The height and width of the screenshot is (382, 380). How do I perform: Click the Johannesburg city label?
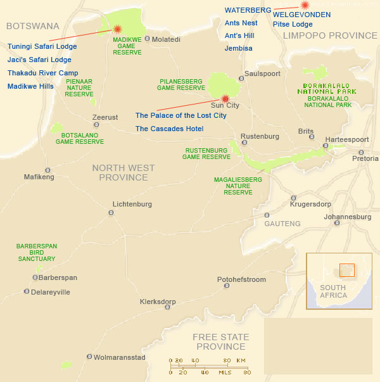347,217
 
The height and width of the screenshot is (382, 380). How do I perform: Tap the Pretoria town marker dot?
361,153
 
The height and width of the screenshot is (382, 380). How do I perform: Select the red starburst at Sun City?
225,98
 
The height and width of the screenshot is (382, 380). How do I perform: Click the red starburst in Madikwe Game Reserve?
117,29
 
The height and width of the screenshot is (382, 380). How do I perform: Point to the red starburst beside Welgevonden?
305,5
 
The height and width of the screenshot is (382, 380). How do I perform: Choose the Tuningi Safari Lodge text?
42,46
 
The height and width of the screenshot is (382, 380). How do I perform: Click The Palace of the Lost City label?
181,115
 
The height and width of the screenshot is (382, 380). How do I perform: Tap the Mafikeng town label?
39,177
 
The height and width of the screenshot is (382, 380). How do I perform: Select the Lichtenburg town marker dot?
111,213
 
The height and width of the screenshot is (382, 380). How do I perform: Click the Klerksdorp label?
158,302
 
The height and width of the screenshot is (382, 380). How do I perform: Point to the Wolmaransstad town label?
120,357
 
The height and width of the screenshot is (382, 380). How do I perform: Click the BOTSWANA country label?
32,26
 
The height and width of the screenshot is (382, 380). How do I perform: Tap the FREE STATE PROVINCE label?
221,341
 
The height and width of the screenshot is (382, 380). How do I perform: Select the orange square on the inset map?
346,270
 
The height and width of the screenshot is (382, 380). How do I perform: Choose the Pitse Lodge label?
293,24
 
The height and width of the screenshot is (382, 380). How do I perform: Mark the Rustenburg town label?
260,136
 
